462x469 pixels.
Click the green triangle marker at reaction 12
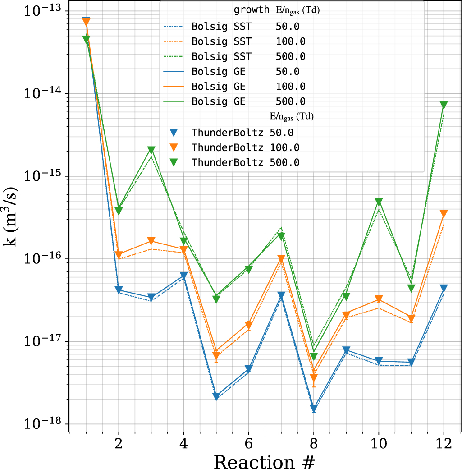pos(444,105)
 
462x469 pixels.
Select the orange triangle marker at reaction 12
pos(444,214)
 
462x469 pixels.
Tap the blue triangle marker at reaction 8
pos(314,409)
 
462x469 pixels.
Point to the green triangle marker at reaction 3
pos(151,150)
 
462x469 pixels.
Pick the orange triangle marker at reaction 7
pos(281,258)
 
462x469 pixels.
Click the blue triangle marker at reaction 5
pos(216,396)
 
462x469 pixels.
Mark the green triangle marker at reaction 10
pos(379,202)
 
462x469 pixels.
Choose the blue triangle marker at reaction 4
pos(184,275)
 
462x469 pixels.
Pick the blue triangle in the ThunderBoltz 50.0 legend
pos(174,133)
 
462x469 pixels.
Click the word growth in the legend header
pos(251,10)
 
